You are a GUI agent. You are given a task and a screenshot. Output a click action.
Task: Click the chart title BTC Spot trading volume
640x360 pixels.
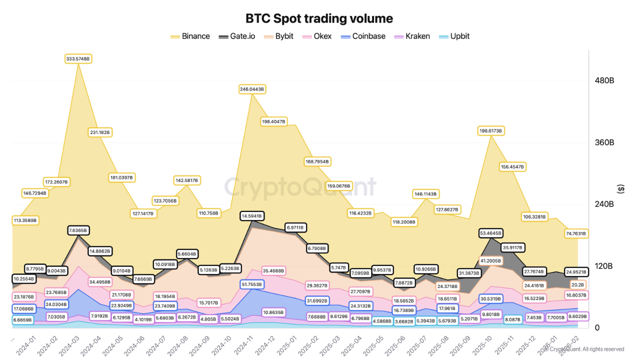[319, 18]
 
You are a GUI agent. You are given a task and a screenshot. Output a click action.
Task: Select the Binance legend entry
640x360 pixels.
[190, 36]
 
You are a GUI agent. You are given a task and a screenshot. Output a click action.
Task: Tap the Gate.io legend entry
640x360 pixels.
[237, 36]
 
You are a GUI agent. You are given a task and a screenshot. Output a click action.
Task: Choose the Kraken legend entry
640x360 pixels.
[411, 36]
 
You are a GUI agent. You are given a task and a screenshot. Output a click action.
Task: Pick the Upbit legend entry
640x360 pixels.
[453, 36]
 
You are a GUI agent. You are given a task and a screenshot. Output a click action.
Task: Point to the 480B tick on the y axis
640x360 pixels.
[603, 80]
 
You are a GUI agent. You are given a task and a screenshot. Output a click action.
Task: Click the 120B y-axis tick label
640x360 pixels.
[603, 266]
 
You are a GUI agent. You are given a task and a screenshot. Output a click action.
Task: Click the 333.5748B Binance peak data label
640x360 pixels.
[78, 59]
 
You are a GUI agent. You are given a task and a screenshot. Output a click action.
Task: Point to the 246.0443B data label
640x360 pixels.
[252, 89]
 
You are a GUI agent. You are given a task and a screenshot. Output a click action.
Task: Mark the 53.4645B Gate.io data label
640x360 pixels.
[491, 233]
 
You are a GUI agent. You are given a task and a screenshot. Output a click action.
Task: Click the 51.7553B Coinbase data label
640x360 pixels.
[252, 284]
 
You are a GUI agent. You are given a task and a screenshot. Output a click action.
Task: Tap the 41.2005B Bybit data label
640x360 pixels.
[491, 260]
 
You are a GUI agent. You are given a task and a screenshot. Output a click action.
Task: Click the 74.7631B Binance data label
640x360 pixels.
[575, 233]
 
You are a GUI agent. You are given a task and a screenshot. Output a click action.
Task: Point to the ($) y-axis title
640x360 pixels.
[620, 189]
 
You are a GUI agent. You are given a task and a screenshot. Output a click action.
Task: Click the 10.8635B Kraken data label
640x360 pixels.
[273, 312]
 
